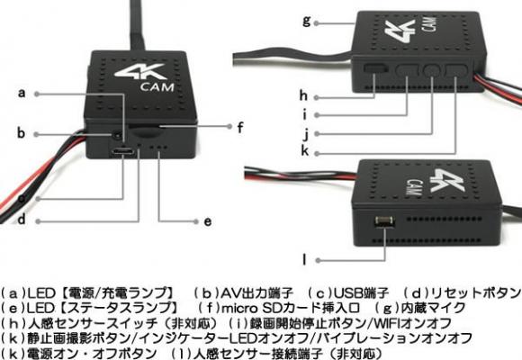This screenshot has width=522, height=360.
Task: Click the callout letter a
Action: tap(22, 93)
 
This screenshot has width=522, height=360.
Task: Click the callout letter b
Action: tap(21, 132)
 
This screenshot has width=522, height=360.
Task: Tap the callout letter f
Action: tap(240, 127)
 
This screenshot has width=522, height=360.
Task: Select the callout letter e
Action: tap(207, 221)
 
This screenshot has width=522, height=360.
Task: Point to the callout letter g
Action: tap(307, 21)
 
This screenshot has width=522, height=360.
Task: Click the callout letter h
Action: tap(303, 95)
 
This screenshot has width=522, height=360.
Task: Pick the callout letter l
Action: tap(304, 260)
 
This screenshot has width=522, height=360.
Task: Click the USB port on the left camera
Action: tap(122, 152)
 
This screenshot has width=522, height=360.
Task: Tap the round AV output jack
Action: tap(117, 136)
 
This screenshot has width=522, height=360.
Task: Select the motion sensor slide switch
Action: tap(376, 68)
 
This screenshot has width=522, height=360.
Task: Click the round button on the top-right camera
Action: tap(432, 70)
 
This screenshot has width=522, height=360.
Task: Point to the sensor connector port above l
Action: tap(384, 221)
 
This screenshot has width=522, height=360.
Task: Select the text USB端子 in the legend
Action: tap(361, 293)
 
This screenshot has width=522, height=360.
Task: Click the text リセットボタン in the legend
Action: tap(475, 293)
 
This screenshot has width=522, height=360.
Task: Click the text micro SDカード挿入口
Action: tap(291, 308)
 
